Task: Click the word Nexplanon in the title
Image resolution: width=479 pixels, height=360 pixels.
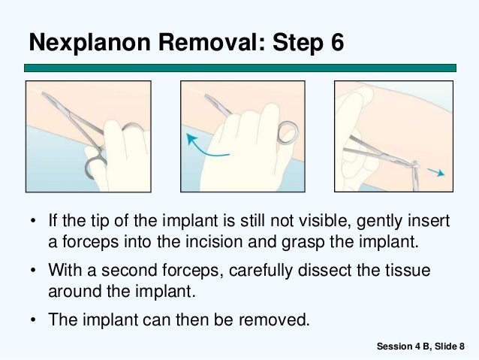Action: (x=90, y=43)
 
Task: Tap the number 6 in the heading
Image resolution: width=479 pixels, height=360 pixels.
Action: (x=337, y=42)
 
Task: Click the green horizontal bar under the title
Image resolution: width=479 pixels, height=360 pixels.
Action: (x=240, y=68)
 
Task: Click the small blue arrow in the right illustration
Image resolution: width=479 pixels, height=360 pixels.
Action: (x=436, y=172)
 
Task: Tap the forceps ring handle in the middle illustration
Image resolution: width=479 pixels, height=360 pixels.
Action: (x=288, y=132)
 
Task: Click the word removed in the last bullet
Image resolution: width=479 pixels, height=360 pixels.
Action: (x=274, y=319)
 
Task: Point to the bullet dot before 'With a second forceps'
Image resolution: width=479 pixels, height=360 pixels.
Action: (x=33, y=270)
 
